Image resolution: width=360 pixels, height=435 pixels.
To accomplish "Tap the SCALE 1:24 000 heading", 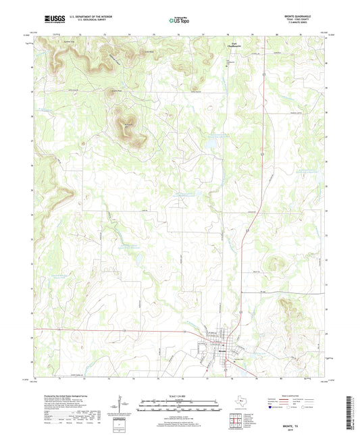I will click(180, 396).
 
